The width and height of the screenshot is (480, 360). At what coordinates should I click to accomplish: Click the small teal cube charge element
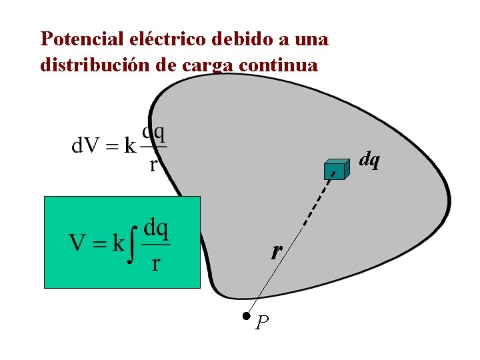[x=336, y=170]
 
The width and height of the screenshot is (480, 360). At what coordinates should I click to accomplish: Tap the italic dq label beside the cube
[x=369, y=160]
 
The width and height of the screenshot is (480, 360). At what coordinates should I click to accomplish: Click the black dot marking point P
[x=246, y=316]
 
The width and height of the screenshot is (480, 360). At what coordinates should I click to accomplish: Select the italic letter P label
[x=262, y=323]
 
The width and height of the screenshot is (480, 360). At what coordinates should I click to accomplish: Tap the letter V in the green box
[x=77, y=243]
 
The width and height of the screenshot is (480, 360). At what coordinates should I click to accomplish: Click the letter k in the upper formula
[x=130, y=146]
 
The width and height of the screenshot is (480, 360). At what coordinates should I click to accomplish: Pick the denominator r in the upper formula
[x=153, y=164]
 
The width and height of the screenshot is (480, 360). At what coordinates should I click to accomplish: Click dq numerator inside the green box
[x=156, y=229]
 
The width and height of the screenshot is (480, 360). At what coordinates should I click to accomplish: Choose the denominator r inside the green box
[x=155, y=263]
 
